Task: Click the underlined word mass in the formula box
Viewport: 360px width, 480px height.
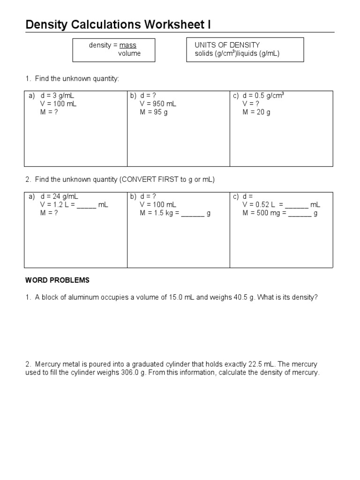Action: [127, 45]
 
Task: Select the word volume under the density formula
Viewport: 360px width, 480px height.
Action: [129, 53]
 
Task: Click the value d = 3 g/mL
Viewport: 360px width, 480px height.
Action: [57, 96]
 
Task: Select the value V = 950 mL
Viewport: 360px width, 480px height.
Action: [157, 104]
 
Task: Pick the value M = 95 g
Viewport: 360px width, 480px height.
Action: [153, 112]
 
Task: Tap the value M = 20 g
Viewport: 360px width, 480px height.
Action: [256, 112]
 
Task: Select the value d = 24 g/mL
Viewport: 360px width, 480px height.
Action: [59, 196]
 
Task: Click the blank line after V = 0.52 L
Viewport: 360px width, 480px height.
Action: [297, 206]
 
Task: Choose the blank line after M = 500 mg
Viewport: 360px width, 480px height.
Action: [300, 214]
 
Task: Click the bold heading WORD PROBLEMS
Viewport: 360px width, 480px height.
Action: [57, 280]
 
